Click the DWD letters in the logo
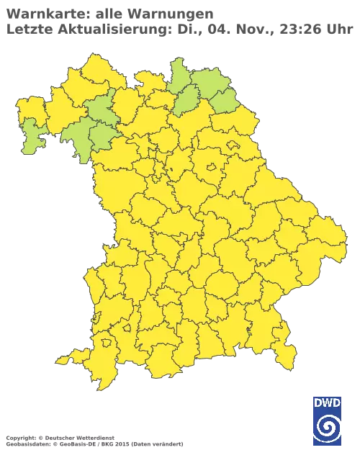[x=327, y=402]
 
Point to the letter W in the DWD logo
[x=327, y=402]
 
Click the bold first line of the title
[x=108, y=14]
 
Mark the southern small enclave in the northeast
[x=212, y=170]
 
